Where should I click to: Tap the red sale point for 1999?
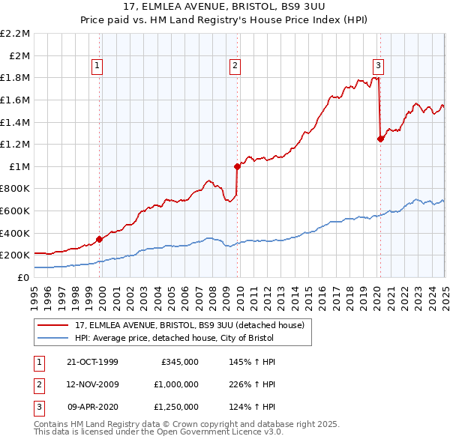pyautogui.click(x=100, y=239)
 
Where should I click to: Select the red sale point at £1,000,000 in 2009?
pyautogui.click(x=237, y=166)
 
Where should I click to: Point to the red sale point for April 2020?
pyautogui.click(x=380, y=139)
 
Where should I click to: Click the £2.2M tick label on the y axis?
pyautogui.click(x=15, y=34)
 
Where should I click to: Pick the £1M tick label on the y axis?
pyautogui.click(x=19, y=166)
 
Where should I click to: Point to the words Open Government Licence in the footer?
pyautogui.click(x=211, y=432)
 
